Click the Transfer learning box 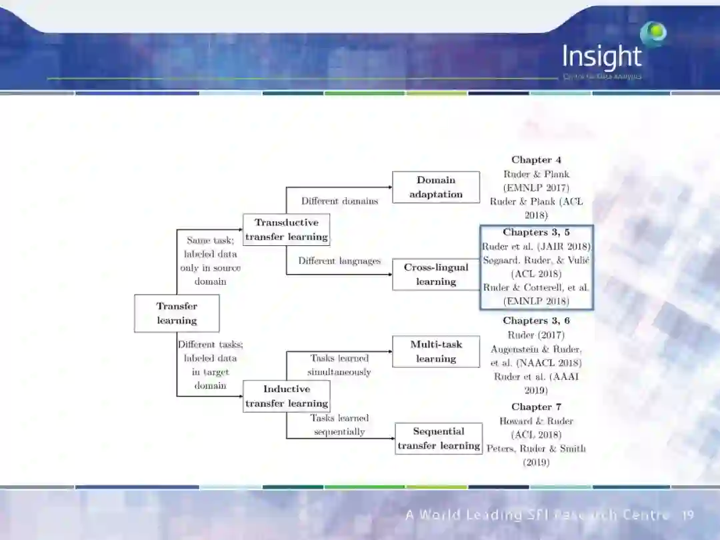point(177,313)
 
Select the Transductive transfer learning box point(286,229)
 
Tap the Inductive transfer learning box point(286,396)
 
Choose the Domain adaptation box point(436,187)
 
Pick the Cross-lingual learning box point(436,274)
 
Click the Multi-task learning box point(436,351)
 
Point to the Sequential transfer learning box point(439,438)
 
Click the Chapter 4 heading point(536,160)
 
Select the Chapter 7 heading point(536,407)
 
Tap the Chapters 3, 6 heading point(536,321)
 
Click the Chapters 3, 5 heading point(536,233)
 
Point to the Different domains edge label point(339,201)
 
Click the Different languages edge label point(339,261)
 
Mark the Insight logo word point(601,57)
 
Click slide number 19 point(688,515)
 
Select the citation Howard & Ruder point(536,421)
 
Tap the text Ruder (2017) point(536,335)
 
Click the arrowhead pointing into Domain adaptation point(389,187)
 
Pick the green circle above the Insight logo point(653,33)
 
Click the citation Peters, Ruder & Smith point(536,449)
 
